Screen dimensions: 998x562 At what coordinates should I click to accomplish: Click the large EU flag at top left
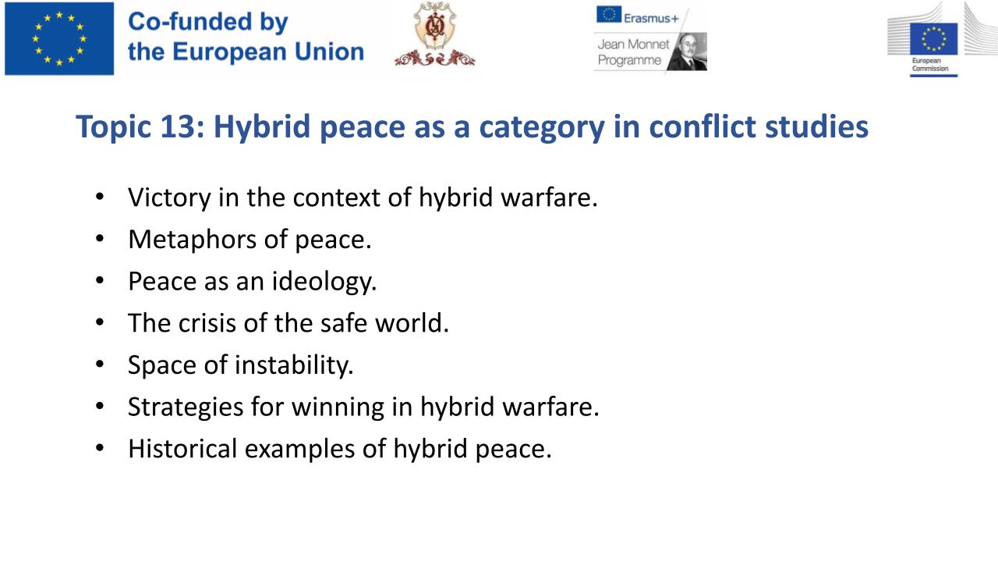[x=59, y=38]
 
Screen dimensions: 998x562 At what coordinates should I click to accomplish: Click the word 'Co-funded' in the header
[x=189, y=21]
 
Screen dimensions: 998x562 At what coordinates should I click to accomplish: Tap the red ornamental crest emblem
[x=434, y=34]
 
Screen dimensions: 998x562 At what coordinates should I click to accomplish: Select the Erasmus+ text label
[x=651, y=18]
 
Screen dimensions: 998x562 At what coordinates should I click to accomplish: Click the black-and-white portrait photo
[x=688, y=52]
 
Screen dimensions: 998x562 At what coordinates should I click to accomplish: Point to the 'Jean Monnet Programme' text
[x=633, y=52]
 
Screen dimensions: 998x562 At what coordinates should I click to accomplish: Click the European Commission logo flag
[x=933, y=39]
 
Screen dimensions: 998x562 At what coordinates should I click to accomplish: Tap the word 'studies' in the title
[x=816, y=126]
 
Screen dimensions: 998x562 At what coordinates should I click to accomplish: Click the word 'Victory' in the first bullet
[x=169, y=198]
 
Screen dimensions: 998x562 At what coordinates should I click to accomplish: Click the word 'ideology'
[x=324, y=282]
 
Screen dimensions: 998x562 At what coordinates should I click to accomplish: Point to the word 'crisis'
[x=207, y=323]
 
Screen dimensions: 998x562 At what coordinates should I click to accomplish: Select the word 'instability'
[x=294, y=365]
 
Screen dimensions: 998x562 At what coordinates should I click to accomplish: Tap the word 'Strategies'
[x=186, y=407]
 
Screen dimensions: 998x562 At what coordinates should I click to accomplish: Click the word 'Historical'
[x=182, y=448]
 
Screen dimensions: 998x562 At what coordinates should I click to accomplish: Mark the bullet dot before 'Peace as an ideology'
[x=100, y=280]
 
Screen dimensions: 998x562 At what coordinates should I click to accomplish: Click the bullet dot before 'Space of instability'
[x=100, y=364]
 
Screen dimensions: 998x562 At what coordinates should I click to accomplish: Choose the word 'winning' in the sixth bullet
[x=338, y=407]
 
